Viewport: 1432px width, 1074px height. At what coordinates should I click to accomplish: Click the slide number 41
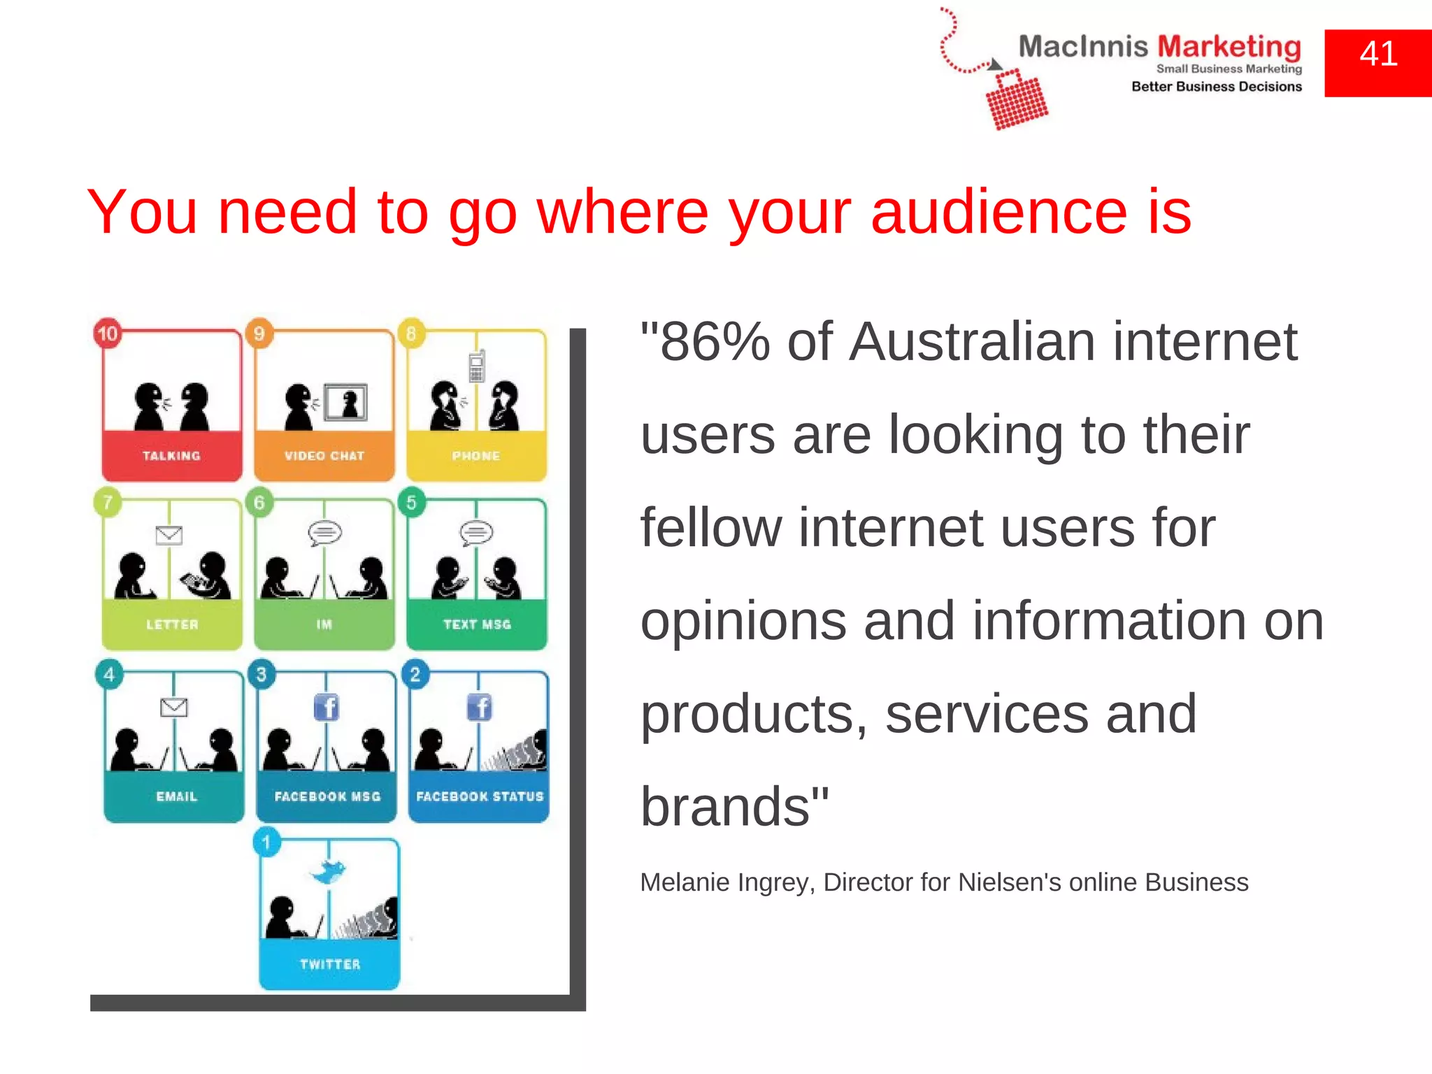coord(1378,55)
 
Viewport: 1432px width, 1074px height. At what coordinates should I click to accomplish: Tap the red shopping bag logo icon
coord(1016,100)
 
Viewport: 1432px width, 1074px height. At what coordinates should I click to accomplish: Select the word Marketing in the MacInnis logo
coord(1229,48)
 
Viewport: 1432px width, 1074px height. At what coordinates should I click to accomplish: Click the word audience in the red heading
coord(998,212)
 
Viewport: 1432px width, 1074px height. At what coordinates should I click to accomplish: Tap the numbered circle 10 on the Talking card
coord(108,334)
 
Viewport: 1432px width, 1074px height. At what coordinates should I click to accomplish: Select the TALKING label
coord(171,456)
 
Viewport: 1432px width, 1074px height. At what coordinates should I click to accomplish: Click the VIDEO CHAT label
coord(324,456)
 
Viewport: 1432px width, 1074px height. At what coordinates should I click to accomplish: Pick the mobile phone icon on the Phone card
coord(477,365)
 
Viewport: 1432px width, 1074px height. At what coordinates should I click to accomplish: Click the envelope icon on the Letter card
coord(169,536)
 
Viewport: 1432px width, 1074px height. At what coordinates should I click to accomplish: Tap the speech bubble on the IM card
coord(325,533)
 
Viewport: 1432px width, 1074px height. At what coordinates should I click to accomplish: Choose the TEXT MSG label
coord(477,624)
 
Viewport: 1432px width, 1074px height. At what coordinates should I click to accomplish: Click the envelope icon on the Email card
coord(173,708)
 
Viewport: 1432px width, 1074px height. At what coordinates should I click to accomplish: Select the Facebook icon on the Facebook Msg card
coord(327,708)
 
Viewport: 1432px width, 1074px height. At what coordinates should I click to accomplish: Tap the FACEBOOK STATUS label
coord(480,796)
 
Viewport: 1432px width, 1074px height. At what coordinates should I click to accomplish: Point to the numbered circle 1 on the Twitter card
coord(266,843)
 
